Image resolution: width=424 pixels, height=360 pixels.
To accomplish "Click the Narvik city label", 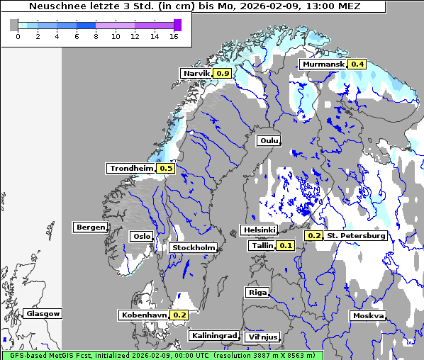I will [196, 73].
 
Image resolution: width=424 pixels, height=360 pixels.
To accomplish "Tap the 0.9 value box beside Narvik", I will [223, 73].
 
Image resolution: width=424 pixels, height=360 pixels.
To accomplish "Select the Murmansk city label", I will [323, 64].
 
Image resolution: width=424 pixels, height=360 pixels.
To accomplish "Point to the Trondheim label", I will [130, 168].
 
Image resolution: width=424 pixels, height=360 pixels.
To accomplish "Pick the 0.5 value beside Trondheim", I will [165, 168].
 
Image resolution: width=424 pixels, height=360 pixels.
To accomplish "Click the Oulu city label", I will [269, 140].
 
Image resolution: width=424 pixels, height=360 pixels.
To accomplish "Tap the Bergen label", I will [89, 227].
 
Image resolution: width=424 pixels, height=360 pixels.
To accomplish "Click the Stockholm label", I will [193, 247].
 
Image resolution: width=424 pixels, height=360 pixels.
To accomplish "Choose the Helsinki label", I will [259, 230].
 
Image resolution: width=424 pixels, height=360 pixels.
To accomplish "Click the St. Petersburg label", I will [356, 235].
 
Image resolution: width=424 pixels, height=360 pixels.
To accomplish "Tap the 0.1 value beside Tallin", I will [285, 245].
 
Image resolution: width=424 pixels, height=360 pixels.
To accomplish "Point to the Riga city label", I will [257, 292].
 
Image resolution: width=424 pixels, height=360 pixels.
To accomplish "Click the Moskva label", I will [368, 315].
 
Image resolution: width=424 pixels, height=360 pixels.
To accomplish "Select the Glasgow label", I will [43, 313].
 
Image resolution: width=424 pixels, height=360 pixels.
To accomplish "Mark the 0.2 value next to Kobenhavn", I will [179, 315].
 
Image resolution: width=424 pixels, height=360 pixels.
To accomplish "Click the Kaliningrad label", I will [213, 335].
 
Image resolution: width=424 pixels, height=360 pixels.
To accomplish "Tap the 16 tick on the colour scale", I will [174, 36].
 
